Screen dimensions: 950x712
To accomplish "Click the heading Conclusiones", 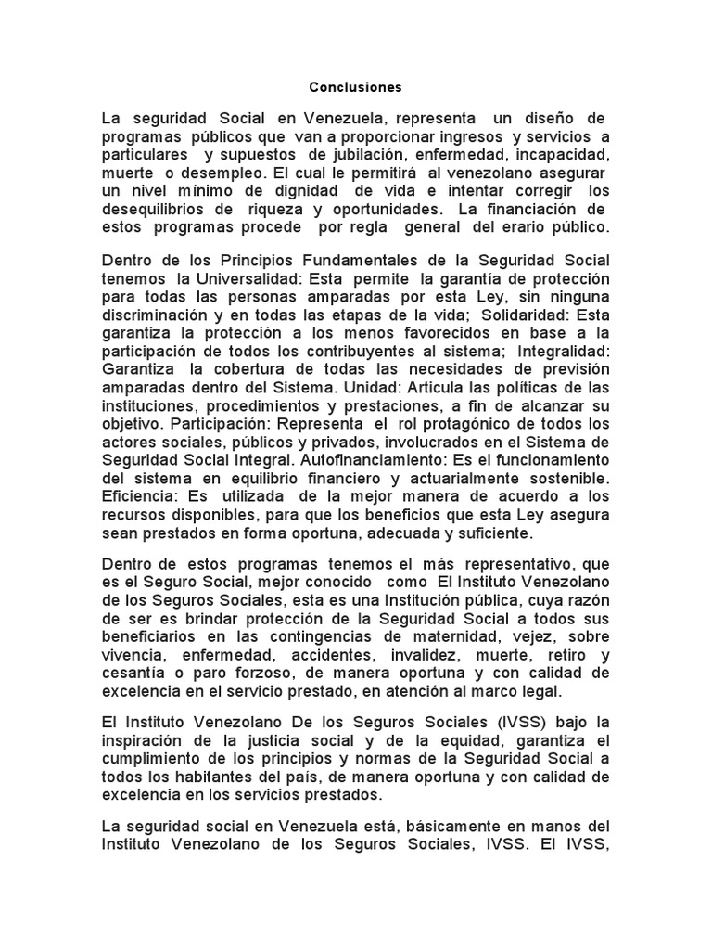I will pyautogui.click(x=356, y=87).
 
